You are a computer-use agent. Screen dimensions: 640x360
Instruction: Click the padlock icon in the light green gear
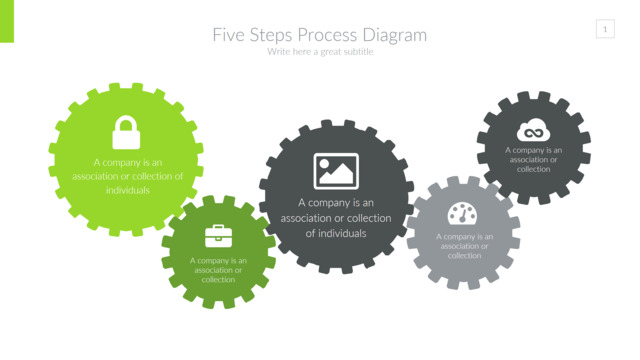pos(126,132)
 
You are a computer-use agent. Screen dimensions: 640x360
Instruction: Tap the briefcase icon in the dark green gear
pos(218,236)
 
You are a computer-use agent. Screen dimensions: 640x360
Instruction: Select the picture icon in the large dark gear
pos(336,171)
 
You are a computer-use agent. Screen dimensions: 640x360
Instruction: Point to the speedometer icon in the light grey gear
pos(462,213)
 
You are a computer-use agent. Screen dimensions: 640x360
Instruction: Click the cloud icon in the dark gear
pos(533,130)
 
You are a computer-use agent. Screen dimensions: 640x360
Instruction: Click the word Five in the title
pos(229,35)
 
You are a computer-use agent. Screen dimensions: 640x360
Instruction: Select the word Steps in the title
pos(271,36)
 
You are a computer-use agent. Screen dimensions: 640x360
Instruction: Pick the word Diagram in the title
pos(395,36)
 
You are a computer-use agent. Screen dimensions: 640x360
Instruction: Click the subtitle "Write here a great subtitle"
pos(320,52)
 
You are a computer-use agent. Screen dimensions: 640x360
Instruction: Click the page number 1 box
pos(605,29)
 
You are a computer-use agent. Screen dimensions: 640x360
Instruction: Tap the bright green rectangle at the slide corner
pos(7,21)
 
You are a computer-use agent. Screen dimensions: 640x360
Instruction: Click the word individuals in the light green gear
pos(128,190)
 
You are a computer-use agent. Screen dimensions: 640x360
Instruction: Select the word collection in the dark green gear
pos(218,280)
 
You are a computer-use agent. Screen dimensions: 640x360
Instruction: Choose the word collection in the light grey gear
pos(464,256)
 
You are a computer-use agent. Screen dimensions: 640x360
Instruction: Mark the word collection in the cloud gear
pos(533,169)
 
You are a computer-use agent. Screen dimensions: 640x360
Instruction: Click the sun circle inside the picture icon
pos(324,164)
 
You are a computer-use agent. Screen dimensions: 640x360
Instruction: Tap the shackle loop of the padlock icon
pos(126,124)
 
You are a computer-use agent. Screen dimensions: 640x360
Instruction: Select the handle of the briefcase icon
pos(218,227)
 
